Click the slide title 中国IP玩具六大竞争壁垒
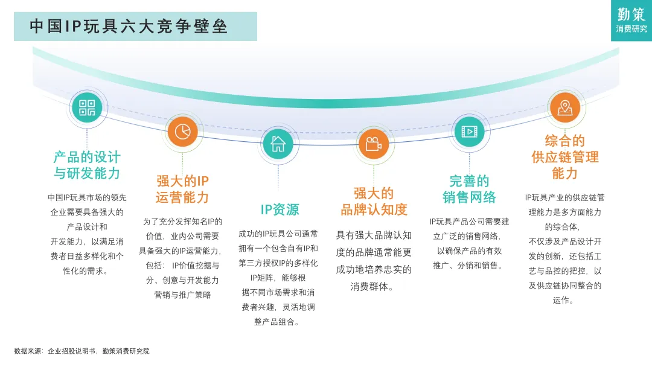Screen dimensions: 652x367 click(x=129, y=27)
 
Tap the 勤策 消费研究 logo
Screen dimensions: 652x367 click(x=631, y=21)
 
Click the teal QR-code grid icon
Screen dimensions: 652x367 click(x=87, y=108)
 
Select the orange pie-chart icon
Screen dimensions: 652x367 click(x=182, y=131)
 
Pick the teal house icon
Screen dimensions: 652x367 click(x=278, y=144)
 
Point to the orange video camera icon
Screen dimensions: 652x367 click(x=373, y=144)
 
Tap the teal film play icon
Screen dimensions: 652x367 click(x=468, y=131)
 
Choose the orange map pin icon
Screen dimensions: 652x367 click(x=564, y=108)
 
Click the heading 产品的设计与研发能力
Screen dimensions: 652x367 click(x=87, y=165)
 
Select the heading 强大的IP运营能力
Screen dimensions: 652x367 click(x=182, y=189)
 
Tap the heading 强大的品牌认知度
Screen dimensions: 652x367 click(x=374, y=202)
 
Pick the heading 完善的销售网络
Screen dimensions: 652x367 click(x=469, y=189)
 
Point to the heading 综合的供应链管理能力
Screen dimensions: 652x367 click(x=565, y=157)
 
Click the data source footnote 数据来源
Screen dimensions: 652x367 click(x=81, y=351)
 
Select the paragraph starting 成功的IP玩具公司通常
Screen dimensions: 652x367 click(x=278, y=278)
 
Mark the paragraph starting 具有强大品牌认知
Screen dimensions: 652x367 click(x=374, y=261)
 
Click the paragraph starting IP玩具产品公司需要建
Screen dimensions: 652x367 click(x=469, y=243)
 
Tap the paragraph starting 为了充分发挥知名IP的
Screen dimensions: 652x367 click(x=182, y=258)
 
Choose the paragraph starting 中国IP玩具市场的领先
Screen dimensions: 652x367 click(x=87, y=234)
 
